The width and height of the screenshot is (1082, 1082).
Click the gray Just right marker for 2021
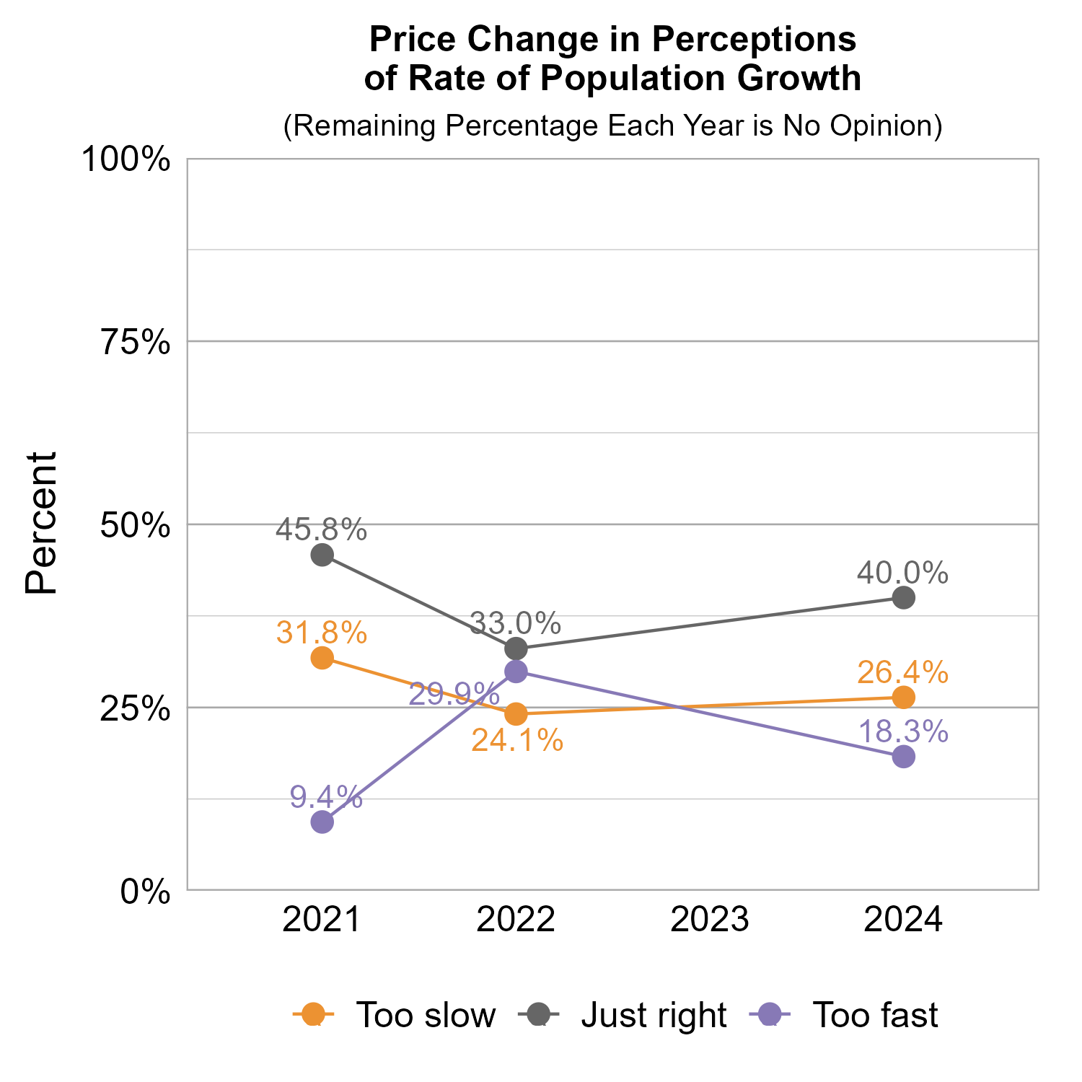(322, 555)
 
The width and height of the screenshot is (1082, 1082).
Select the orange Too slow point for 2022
(516, 714)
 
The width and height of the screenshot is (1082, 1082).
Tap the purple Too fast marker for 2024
(903, 757)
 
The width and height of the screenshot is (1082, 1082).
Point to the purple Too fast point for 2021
(322, 822)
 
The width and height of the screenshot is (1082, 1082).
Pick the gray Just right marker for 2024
(903, 597)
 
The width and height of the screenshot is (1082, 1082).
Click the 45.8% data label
(322, 530)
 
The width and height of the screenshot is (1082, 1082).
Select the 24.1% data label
(516, 740)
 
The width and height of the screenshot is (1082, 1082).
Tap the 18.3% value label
(903, 731)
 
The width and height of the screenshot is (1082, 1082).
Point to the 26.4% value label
(903, 672)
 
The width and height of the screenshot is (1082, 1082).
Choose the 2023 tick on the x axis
(710, 920)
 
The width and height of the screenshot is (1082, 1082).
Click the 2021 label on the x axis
(322, 920)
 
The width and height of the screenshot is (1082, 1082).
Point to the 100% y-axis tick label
(126, 159)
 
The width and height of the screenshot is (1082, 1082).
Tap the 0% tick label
(145, 892)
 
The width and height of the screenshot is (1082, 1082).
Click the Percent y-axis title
(41, 524)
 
